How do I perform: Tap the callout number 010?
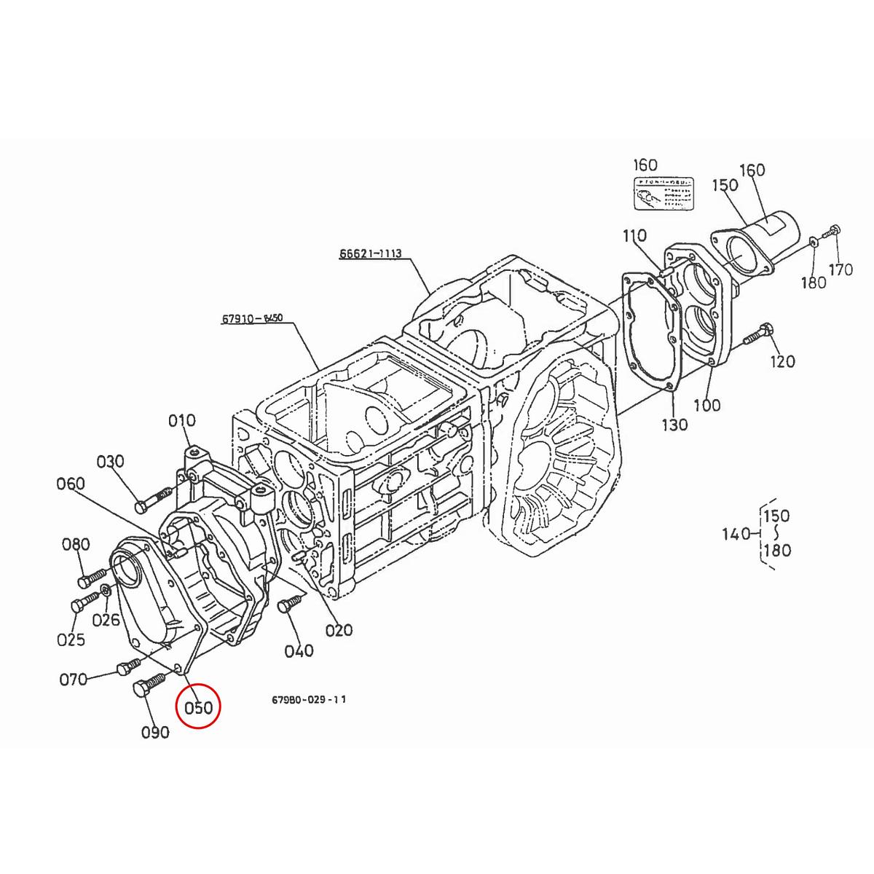pos(182,420)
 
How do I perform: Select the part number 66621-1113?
pos(370,253)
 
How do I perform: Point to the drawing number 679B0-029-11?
pos(309,699)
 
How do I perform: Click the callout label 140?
pos(736,535)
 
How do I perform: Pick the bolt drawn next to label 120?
pos(757,336)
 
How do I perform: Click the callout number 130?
pos(674,424)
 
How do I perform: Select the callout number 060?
pos(71,484)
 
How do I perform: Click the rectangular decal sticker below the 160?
pos(663,194)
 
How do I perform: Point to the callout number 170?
pos(840,270)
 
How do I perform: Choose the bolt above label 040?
pos(287,604)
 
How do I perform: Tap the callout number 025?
pos(71,639)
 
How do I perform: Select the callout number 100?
pos(706,405)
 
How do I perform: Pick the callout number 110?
pos(634,236)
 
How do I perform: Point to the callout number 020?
pos(339,630)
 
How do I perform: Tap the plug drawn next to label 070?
pos(128,666)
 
